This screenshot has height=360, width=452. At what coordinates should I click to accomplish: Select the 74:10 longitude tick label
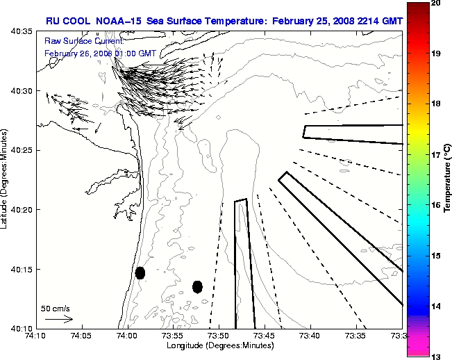click(36, 336)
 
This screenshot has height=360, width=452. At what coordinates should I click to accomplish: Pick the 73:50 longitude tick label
click(219, 336)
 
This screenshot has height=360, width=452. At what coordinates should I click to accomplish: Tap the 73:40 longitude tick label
click(310, 336)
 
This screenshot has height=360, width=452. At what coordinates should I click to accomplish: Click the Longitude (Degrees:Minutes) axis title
click(219, 345)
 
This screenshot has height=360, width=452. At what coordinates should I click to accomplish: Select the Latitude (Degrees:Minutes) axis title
click(6, 179)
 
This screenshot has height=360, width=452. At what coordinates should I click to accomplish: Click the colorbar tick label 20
click(435, 4)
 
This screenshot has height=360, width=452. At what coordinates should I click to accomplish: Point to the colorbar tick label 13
click(435, 356)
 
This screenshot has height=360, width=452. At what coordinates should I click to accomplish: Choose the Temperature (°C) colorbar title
click(448, 179)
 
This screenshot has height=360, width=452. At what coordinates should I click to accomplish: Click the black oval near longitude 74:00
click(140, 272)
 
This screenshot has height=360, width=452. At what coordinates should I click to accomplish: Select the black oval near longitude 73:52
click(197, 286)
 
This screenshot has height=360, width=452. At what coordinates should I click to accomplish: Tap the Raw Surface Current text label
click(75, 42)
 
